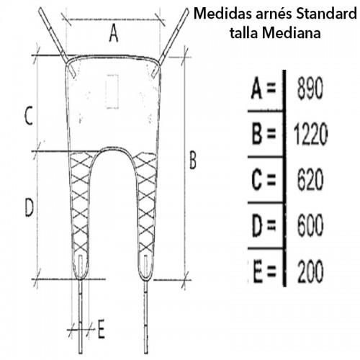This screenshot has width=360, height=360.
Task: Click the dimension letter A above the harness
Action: click(114, 34)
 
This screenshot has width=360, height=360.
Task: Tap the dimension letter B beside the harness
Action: click(193, 160)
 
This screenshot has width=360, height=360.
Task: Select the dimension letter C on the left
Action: click(29, 116)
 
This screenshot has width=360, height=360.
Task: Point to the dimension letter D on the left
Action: click(29, 208)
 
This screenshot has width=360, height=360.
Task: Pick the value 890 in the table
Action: click(310, 89)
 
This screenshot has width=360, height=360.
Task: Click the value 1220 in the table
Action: click(310, 134)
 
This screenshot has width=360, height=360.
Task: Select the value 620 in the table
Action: click(310, 179)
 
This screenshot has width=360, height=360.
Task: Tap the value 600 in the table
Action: click(310, 225)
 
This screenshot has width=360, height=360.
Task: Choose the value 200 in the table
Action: click(310, 272)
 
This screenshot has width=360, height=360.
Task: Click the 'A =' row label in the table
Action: click(264, 89)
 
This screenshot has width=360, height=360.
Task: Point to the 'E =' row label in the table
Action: click(265, 272)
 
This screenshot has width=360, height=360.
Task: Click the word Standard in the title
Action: click(326, 14)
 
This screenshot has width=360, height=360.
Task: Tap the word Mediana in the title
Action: click(292, 32)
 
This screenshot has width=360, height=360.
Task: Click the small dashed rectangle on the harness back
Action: click(112, 91)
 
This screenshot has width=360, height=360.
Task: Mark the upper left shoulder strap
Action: click(57, 42)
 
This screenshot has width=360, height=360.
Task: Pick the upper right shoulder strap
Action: click(171, 42)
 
